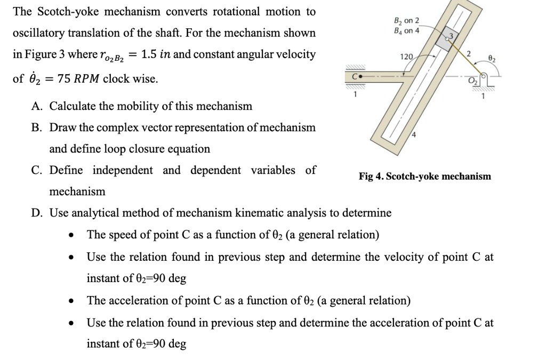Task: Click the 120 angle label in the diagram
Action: [406, 57]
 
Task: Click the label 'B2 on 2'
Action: [406, 21]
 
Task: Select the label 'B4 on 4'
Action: [406, 30]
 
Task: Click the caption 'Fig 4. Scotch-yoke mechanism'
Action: [425, 176]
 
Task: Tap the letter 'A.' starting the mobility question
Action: [37, 106]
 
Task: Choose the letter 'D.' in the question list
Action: [37, 213]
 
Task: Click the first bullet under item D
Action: [70, 235]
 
